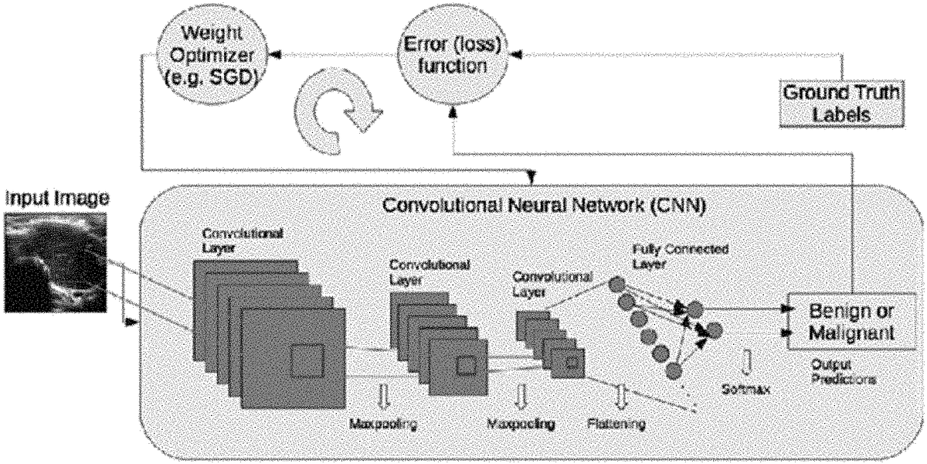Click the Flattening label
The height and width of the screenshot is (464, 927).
click(615, 425)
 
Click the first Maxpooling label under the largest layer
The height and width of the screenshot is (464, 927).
click(385, 425)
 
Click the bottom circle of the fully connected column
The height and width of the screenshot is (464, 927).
click(673, 372)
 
